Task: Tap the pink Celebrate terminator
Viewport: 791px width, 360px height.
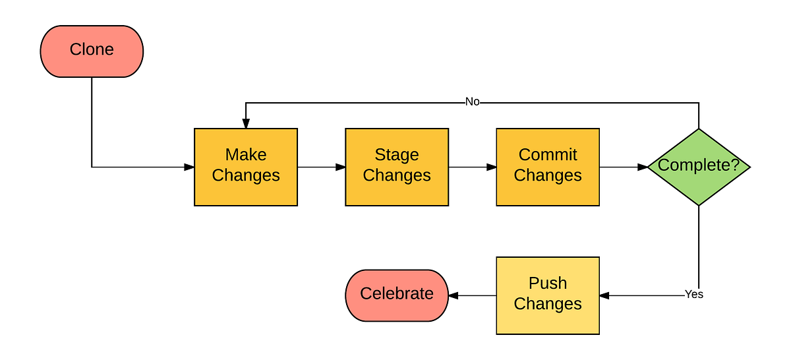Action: [x=397, y=295]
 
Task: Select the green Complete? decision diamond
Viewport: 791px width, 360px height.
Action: [x=699, y=167]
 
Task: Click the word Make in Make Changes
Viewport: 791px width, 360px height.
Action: [x=246, y=155]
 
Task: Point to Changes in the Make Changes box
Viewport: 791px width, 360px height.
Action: [x=246, y=175]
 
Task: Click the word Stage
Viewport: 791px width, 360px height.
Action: [x=397, y=155]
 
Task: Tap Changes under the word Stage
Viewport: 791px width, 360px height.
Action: [x=397, y=175]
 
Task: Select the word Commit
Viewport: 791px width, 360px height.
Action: [x=548, y=155]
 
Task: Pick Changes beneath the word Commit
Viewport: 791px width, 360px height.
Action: [x=548, y=175]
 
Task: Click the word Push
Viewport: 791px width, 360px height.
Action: [x=548, y=283]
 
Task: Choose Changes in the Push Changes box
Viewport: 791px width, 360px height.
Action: [x=548, y=304]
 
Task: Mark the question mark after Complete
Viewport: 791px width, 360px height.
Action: [x=736, y=165]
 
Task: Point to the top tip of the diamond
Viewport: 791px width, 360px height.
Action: [x=699, y=130]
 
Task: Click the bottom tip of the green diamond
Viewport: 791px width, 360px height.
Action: [x=699, y=204]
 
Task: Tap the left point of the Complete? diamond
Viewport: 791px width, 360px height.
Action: [x=649, y=167]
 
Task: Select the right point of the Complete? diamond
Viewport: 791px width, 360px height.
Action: [x=749, y=167]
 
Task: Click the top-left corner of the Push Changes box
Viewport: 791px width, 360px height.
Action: [x=498, y=258]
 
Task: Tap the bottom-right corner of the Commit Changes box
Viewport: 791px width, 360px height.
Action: [x=599, y=204]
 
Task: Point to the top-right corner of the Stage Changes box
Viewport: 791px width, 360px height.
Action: [x=448, y=130]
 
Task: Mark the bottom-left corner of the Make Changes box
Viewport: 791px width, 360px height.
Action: [x=196, y=204]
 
